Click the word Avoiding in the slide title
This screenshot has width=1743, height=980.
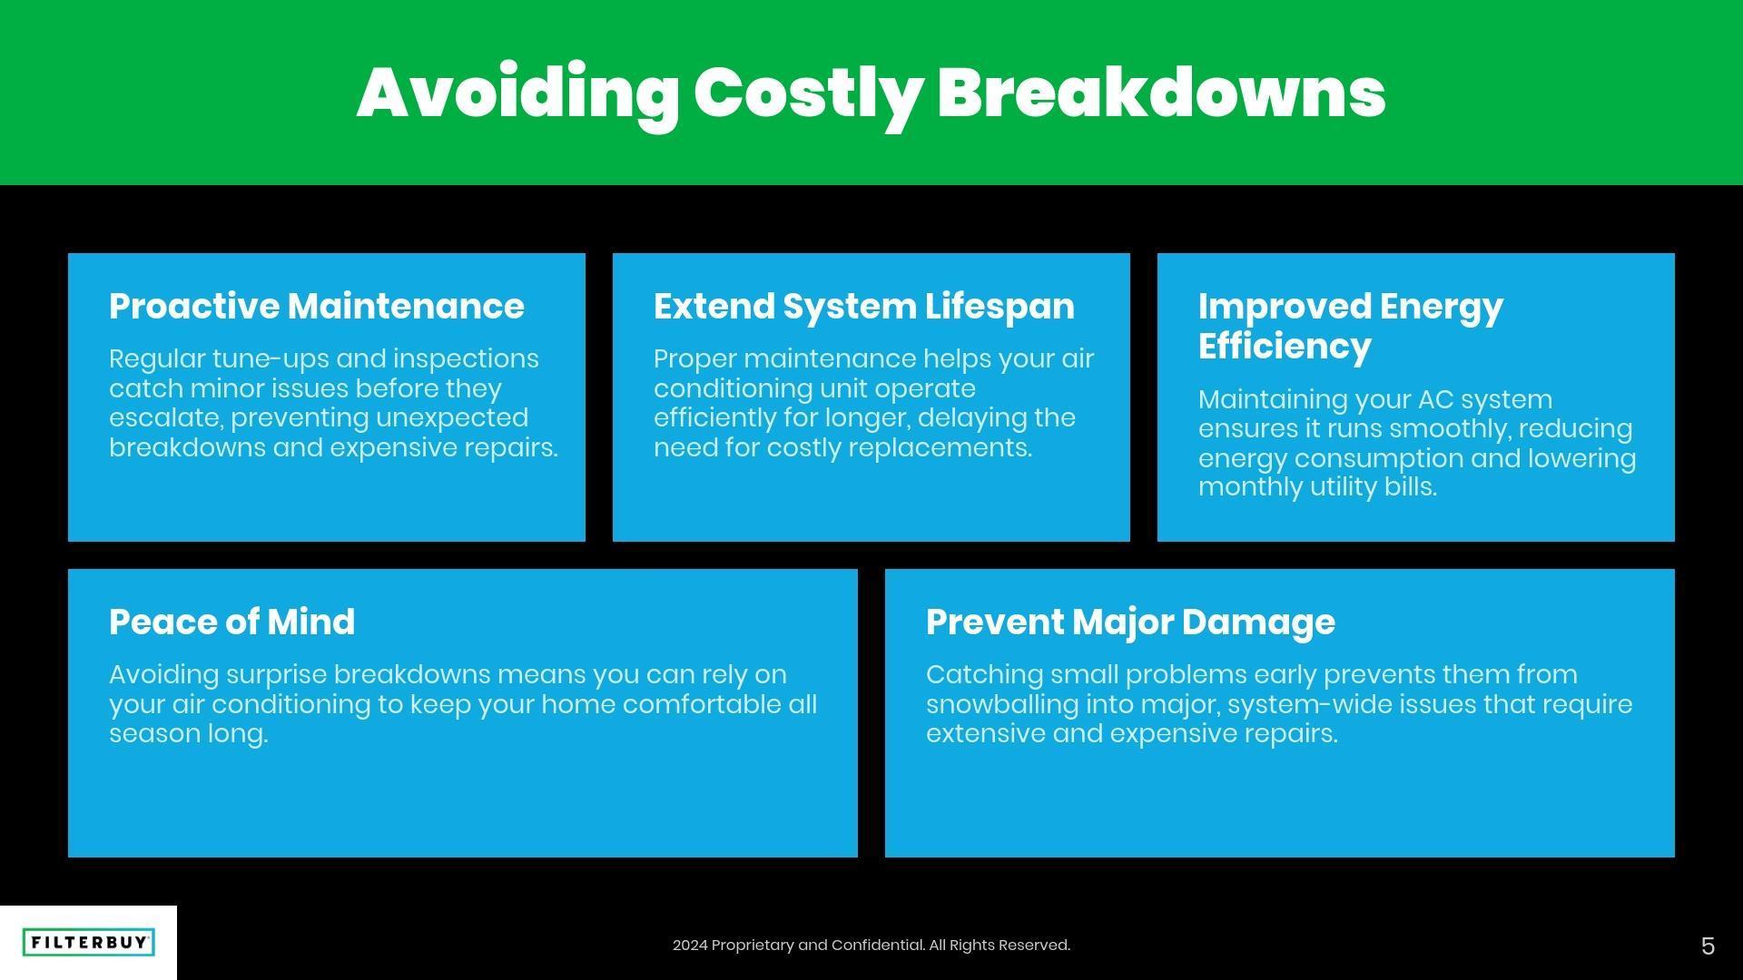[517, 94]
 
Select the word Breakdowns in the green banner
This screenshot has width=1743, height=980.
[1161, 93]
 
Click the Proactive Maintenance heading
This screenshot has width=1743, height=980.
[317, 307]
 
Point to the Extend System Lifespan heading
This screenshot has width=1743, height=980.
[864, 308]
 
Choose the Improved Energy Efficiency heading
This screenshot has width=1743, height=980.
[1351, 327]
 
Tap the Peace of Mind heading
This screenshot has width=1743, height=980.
[232, 622]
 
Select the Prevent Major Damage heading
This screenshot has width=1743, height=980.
[1130, 623]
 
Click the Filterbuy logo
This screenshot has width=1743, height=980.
[88, 943]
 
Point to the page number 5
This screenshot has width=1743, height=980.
[1708, 946]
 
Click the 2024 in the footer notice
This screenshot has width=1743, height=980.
[690, 946]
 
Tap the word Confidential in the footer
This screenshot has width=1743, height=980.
[878, 946]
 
